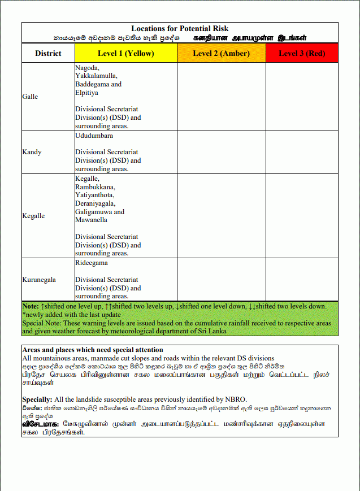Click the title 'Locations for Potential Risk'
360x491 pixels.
point(180,28)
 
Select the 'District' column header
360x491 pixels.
point(48,54)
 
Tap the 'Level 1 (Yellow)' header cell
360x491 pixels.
point(126,54)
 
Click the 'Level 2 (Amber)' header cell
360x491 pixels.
point(221,54)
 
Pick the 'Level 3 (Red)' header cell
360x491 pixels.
point(302,54)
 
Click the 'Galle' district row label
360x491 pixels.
point(30,97)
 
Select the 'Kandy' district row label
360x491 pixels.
point(32,152)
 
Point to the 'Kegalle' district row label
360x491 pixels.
point(33,216)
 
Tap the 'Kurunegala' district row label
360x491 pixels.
point(39,280)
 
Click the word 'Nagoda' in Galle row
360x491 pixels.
point(86,68)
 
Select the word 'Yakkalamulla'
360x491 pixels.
point(96,76)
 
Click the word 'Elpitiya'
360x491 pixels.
point(86,93)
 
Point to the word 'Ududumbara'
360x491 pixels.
point(94,136)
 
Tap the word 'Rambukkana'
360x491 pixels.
point(94,187)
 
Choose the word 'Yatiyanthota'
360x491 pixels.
point(94,195)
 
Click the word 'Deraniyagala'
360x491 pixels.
point(94,203)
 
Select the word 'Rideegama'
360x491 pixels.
point(91,263)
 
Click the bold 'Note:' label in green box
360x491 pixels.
point(31,306)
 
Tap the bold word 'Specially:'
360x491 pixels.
point(37,399)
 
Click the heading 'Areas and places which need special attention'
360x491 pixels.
point(93,350)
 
